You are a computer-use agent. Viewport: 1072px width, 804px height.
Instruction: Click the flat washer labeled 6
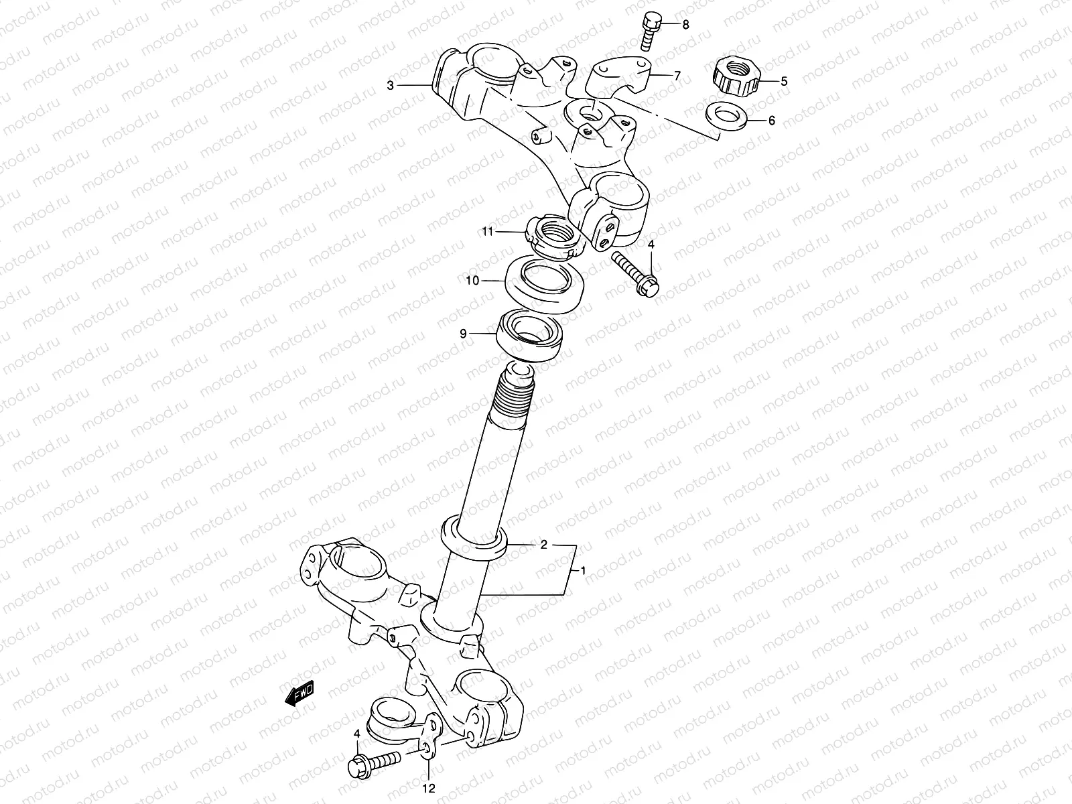(726, 115)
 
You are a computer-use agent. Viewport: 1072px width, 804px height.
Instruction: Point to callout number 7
(677, 76)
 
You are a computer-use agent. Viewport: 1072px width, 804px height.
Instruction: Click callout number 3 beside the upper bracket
(390, 85)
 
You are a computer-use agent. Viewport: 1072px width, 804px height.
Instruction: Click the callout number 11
(487, 232)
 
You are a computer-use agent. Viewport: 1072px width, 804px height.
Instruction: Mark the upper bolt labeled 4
(636, 275)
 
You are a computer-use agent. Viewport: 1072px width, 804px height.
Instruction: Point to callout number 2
(544, 545)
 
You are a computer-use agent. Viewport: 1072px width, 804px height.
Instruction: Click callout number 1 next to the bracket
(583, 571)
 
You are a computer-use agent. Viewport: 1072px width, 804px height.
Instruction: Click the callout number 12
(429, 789)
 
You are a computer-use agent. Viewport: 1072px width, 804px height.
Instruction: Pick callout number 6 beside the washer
(771, 121)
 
